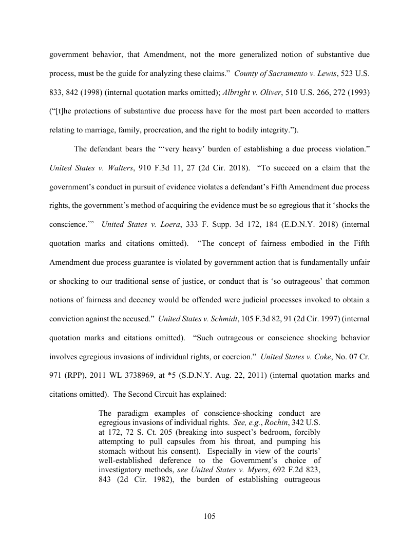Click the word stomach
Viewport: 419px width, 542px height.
point(112,451)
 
